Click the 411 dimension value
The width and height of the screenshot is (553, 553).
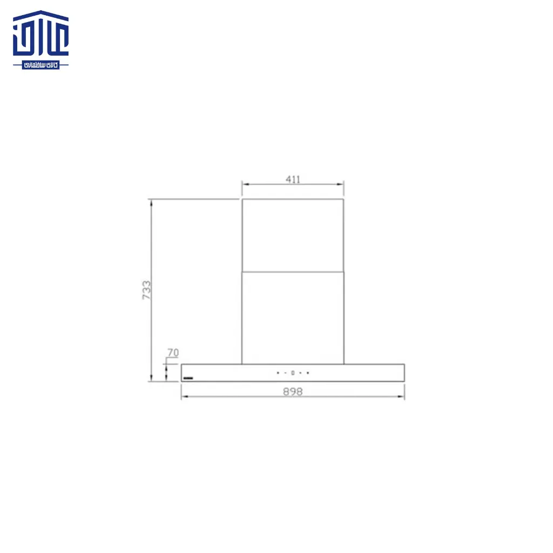pyautogui.click(x=293, y=179)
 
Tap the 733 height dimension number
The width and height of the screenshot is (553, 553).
pyautogui.click(x=146, y=291)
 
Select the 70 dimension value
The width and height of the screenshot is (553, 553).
pyautogui.click(x=173, y=353)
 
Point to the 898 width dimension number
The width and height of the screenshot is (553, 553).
pyautogui.click(x=293, y=392)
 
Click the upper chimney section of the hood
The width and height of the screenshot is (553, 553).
pyautogui.click(x=293, y=235)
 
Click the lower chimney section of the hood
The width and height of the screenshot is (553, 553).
pyautogui.click(x=293, y=318)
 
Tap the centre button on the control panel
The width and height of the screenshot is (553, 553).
pyautogui.click(x=293, y=373)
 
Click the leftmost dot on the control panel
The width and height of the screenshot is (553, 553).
pyautogui.click(x=278, y=373)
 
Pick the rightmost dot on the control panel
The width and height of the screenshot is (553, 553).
pyautogui.click(x=308, y=373)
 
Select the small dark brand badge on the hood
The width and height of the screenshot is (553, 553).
pyautogui.click(x=188, y=377)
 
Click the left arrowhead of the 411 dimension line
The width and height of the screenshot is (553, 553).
pyautogui.click(x=244, y=185)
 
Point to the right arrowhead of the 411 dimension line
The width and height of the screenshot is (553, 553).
pyautogui.click(x=341, y=185)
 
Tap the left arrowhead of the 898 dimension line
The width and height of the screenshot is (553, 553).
pyautogui.click(x=184, y=397)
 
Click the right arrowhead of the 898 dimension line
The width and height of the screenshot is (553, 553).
pyautogui.click(x=402, y=397)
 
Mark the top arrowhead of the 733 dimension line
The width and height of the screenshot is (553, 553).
pyautogui.click(x=152, y=203)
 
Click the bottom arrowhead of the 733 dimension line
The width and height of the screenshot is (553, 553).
pyautogui.click(x=152, y=379)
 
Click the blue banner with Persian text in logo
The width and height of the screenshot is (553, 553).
pyautogui.click(x=41, y=65)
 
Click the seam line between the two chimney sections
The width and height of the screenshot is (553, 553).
pyautogui.click(x=293, y=271)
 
